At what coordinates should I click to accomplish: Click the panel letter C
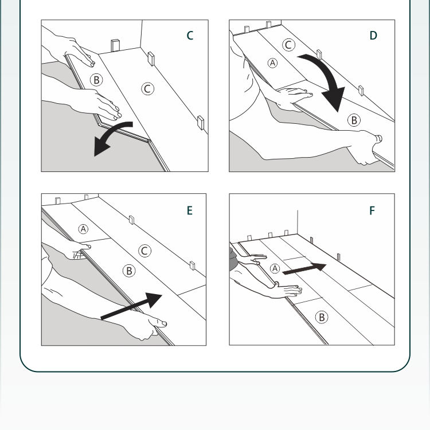click(190, 36)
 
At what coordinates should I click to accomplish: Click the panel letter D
click(373, 36)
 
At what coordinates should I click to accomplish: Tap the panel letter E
click(189, 210)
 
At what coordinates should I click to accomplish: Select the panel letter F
click(372, 210)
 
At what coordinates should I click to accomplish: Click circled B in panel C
click(96, 80)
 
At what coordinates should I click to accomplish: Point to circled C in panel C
click(147, 88)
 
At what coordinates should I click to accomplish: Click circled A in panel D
click(273, 62)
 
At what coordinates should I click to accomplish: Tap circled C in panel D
click(289, 45)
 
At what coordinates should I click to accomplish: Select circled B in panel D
click(354, 120)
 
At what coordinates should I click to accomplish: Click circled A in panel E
click(84, 229)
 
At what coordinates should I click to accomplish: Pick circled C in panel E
click(144, 251)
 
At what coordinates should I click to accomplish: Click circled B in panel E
click(129, 271)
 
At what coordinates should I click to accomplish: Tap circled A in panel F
click(275, 268)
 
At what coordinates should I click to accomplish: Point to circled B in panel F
click(322, 317)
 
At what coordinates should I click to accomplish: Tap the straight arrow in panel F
click(304, 269)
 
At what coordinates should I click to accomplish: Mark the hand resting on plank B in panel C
click(106, 105)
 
